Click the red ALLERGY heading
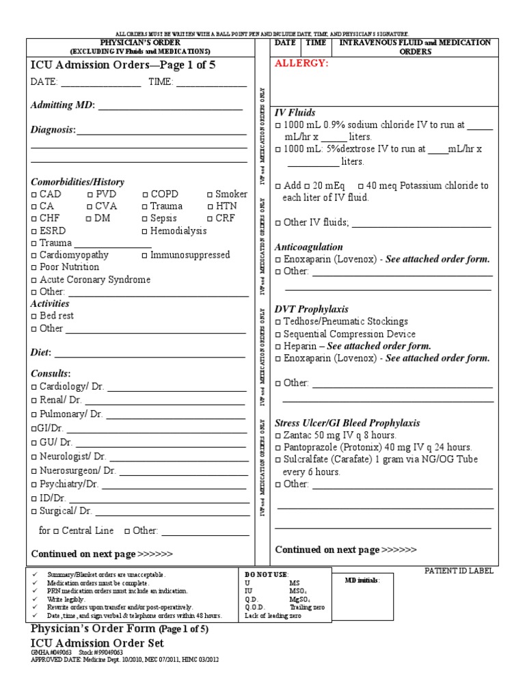301,64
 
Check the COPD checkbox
145,195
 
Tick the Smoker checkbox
209,195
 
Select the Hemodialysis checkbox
145,232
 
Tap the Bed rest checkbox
34,317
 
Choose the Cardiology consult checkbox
34,387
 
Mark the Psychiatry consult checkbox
34,485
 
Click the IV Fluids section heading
295,112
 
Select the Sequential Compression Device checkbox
278,334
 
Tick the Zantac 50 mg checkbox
278,435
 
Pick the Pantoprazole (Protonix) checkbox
278,447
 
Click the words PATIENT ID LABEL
459,571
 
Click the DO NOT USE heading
267,574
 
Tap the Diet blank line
150,355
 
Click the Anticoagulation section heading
308,247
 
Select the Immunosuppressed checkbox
145,256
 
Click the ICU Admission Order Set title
97,643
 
